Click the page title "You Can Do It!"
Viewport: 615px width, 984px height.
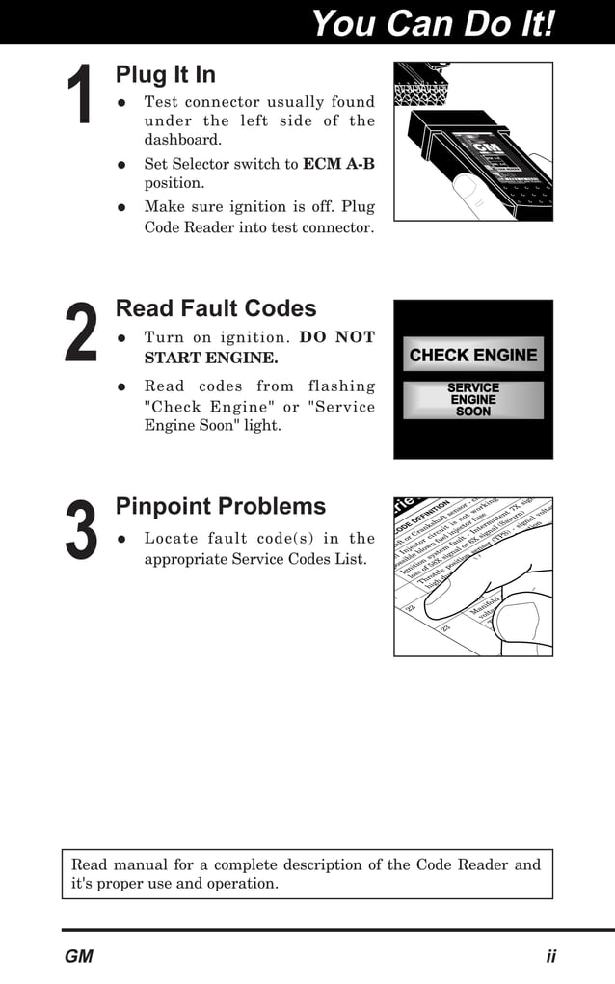pos(434,23)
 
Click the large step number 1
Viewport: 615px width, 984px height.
pos(79,94)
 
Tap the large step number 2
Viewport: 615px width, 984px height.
pos(81,332)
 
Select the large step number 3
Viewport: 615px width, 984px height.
pos(81,529)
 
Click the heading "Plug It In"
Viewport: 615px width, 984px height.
pos(165,74)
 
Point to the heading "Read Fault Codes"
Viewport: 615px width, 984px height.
pos(216,308)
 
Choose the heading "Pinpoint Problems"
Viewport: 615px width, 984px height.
pos(221,506)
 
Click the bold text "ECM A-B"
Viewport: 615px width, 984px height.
pos(338,164)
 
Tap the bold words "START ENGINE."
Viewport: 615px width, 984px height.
pos(211,359)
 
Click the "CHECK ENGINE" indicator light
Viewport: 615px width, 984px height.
pos(472,355)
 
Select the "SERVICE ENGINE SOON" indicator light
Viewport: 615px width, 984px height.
pos(472,400)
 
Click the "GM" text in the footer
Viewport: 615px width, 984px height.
pos(79,957)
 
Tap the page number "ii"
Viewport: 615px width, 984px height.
pos(550,957)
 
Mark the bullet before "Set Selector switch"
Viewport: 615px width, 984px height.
pos(122,165)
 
